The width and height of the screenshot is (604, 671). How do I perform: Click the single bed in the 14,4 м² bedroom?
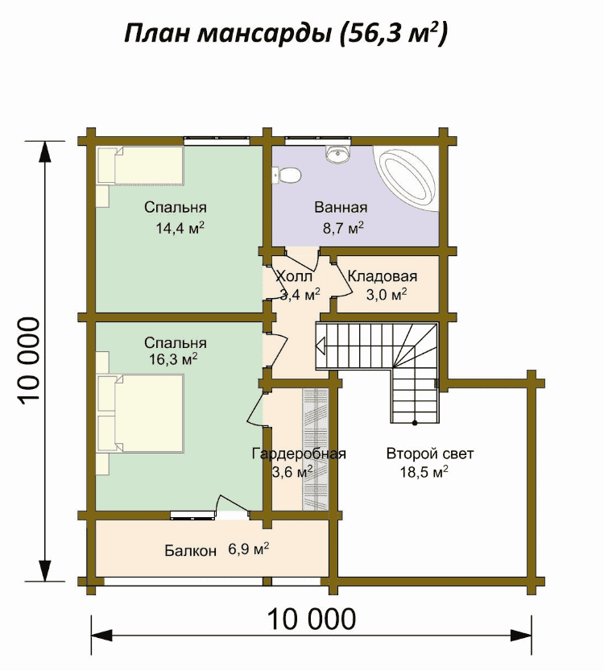(141, 166)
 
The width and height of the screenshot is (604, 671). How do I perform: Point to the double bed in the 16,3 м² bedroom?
(141, 413)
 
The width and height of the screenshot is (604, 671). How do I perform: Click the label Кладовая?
(382, 276)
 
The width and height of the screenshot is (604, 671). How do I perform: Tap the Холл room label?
(294, 276)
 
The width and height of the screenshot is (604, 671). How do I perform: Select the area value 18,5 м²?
(424, 471)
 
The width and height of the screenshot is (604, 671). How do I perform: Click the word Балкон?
(190, 550)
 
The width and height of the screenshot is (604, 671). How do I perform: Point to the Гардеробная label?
(299, 454)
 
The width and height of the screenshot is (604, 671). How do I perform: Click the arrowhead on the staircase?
(321, 346)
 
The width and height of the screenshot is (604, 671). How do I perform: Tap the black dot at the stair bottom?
(415, 423)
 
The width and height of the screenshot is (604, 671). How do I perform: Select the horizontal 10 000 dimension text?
(312, 619)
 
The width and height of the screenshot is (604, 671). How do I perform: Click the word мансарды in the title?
(264, 33)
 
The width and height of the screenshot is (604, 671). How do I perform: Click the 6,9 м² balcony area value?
(249, 549)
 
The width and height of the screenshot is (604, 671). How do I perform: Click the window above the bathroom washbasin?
(316, 139)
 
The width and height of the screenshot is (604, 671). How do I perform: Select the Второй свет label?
(430, 454)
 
